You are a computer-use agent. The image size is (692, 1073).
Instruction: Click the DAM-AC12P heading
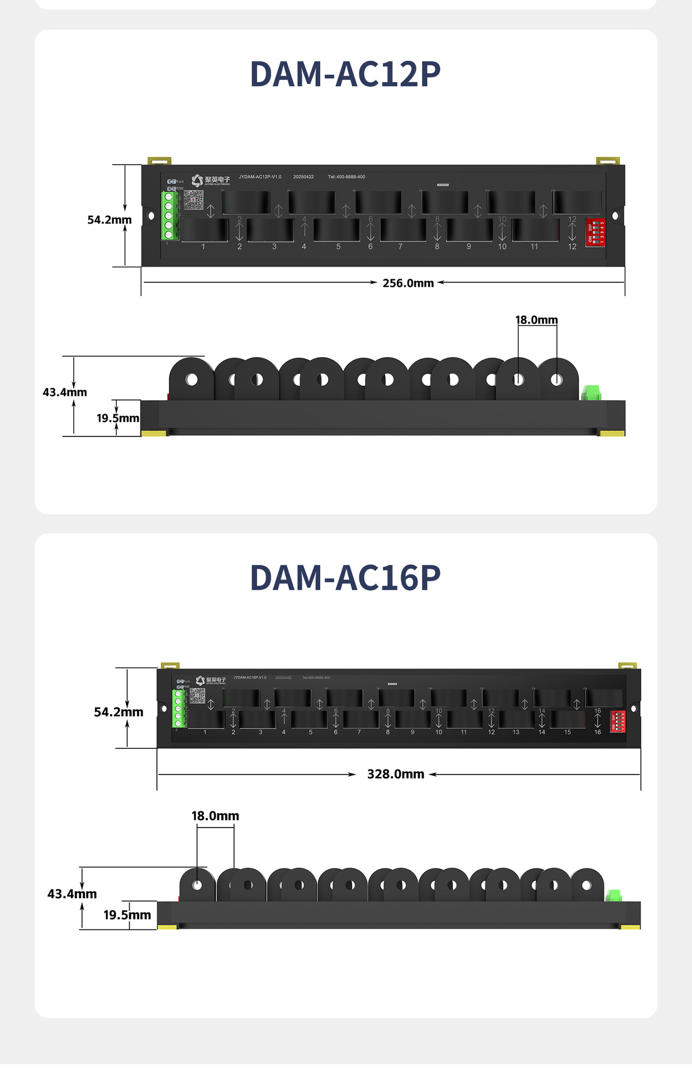click(x=345, y=74)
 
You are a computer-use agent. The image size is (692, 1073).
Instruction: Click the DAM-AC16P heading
click(x=345, y=578)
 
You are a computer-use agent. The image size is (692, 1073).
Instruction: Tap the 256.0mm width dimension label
click(x=408, y=283)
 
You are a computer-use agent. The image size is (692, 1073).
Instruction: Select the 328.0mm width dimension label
click(x=396, y=775)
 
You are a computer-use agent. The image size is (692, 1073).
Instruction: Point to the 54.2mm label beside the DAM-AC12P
click(x=110, y=220)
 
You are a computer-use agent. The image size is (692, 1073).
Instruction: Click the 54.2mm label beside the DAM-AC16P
click(x=119, y=713)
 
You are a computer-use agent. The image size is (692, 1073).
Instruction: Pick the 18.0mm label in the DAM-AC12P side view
click(x=537, y=320)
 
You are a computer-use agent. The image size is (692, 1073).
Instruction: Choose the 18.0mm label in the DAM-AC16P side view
click(x=215, y=816)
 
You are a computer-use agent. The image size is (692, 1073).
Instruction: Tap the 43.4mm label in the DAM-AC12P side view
click(x=65, y=392)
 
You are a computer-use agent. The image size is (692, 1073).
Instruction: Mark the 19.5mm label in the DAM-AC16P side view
click(x=127, y=915)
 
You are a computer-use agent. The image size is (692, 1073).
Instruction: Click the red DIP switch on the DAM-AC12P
click(x=595, y=232)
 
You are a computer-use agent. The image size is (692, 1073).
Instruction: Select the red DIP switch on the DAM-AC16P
click(x=618, y=721)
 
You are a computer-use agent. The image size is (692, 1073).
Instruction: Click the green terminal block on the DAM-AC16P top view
click(x=178, y=709)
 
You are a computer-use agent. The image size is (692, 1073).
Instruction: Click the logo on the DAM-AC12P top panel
click(x=210, y=181)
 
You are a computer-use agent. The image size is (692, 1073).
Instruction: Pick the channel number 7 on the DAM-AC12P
click(x=400, y=246)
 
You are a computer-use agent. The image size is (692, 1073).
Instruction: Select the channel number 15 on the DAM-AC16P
click(x=567, y=732)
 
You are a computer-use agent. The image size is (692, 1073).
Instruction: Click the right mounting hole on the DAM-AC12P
click(x=615, y=216)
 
